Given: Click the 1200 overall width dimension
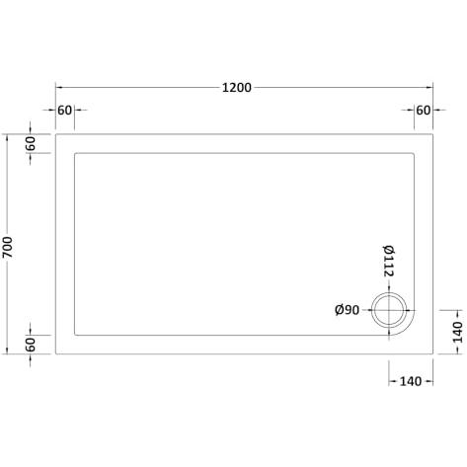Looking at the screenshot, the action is point(237,88).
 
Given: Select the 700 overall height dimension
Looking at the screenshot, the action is point(7,247).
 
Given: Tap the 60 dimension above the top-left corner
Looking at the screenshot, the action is point(64,111).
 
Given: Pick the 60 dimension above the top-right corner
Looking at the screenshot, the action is point(424,111).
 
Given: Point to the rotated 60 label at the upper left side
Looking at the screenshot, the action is point(31,143).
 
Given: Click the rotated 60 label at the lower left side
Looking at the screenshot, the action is point(31,345).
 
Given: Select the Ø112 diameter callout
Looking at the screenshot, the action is point(389,261).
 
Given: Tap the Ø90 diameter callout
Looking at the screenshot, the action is point(347,310).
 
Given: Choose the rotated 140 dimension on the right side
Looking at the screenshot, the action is point(458,332).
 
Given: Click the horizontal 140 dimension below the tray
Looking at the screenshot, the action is point(411,381).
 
